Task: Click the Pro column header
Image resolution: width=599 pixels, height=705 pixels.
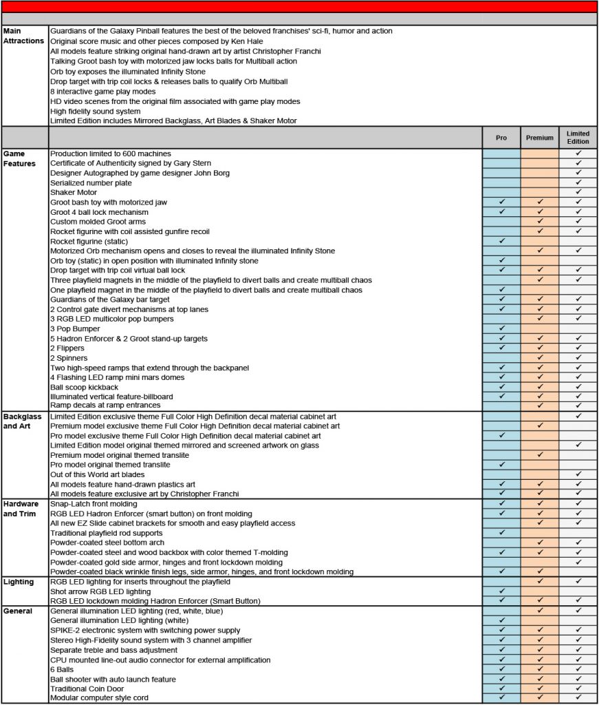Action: point(501,138)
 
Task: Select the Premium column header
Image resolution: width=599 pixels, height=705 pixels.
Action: point(540,138)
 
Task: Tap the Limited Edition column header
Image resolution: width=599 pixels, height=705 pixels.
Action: point(578,138)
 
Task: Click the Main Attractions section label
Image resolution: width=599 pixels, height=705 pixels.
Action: point(23,36)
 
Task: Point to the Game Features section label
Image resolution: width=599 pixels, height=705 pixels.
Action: point(19,158)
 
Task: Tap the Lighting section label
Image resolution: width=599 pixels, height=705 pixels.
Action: point(19,582)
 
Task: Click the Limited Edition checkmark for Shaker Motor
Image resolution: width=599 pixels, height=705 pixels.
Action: point(578,192)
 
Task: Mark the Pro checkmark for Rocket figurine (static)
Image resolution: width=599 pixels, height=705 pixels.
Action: point(501,241)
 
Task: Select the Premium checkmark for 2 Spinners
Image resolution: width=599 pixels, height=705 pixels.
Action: point(540,358)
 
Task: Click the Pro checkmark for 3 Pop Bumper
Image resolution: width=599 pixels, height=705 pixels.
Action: point(501,329)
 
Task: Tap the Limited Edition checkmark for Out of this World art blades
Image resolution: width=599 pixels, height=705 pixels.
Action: point(578,474)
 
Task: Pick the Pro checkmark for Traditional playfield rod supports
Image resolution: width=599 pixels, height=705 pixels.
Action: point(501,533)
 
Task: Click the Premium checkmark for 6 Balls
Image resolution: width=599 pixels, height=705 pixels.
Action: point(540,669)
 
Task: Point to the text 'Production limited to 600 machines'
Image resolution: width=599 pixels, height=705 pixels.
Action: point(111,154)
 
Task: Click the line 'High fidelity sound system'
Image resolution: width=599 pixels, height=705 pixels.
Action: point(96,112)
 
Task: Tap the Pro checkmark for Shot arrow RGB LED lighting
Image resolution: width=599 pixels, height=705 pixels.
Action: point(501,591)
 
